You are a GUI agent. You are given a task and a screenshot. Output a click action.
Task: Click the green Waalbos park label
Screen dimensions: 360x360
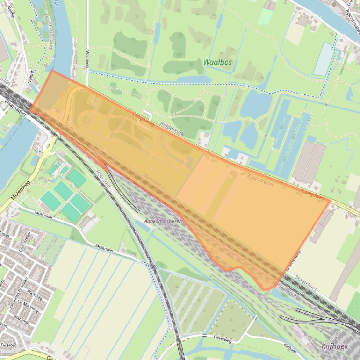217,62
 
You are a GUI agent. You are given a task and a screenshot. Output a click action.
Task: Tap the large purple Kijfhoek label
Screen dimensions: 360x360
335,346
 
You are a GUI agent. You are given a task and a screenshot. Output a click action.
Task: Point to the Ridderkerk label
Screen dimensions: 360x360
172,130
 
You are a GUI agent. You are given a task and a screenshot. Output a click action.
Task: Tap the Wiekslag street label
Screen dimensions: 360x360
34,294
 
